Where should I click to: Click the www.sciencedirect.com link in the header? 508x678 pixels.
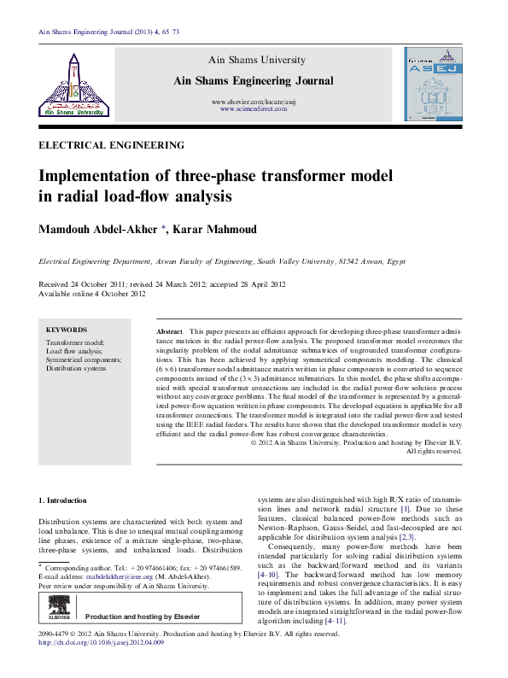(x=251, y=110)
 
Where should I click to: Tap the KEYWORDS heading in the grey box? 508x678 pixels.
(x=67, y=330)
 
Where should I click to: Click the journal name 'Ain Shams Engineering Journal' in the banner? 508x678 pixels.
(x=251, y=80)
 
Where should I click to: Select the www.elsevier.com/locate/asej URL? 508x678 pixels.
(x=251, y=102)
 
